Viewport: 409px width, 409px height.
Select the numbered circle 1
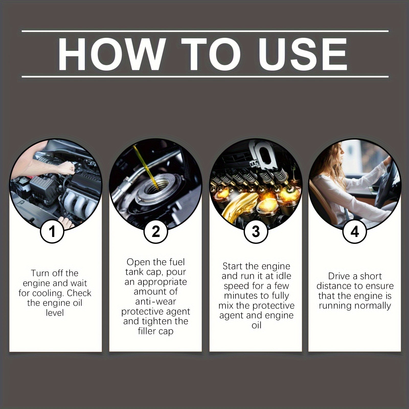coord(52,232)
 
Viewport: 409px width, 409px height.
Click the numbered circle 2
coord(156,232)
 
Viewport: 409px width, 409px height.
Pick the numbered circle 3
coord(256,232)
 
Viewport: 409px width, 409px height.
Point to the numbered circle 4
coord(355,232)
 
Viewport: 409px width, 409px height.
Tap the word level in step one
coord(55,313)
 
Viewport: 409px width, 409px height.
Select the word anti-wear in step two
coord(156,302)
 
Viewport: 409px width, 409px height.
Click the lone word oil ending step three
coord(256,325)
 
